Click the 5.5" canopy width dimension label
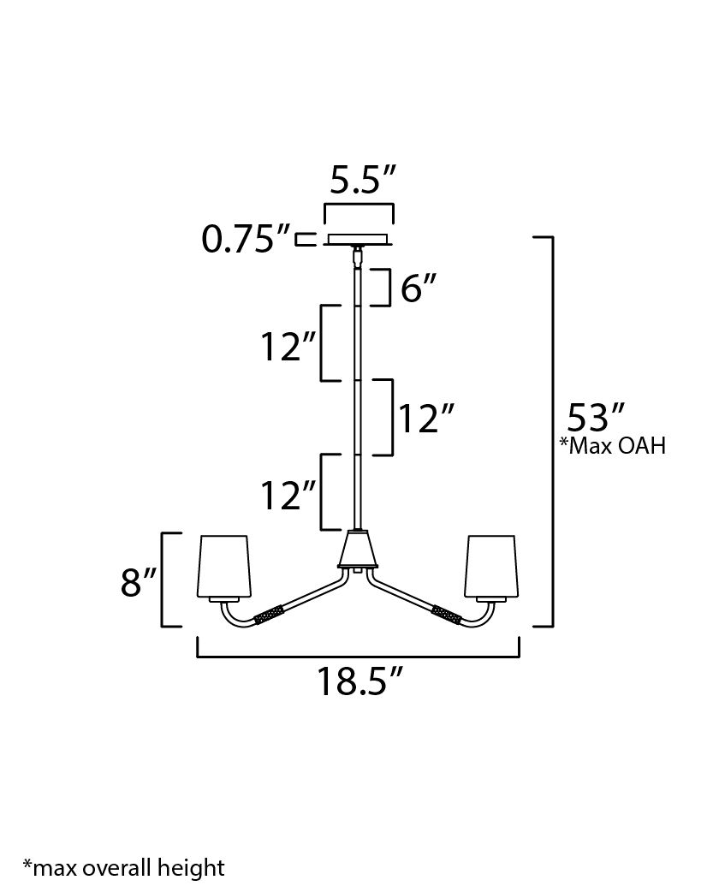coord(363,181)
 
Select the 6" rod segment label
coord(419,289)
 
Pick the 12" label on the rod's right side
coord(423,419)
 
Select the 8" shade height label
coord(137,582)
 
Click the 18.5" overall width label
coord(359,681)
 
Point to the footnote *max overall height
coord(123,868)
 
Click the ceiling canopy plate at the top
coord(358,240)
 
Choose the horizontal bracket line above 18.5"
coord(358,657)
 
